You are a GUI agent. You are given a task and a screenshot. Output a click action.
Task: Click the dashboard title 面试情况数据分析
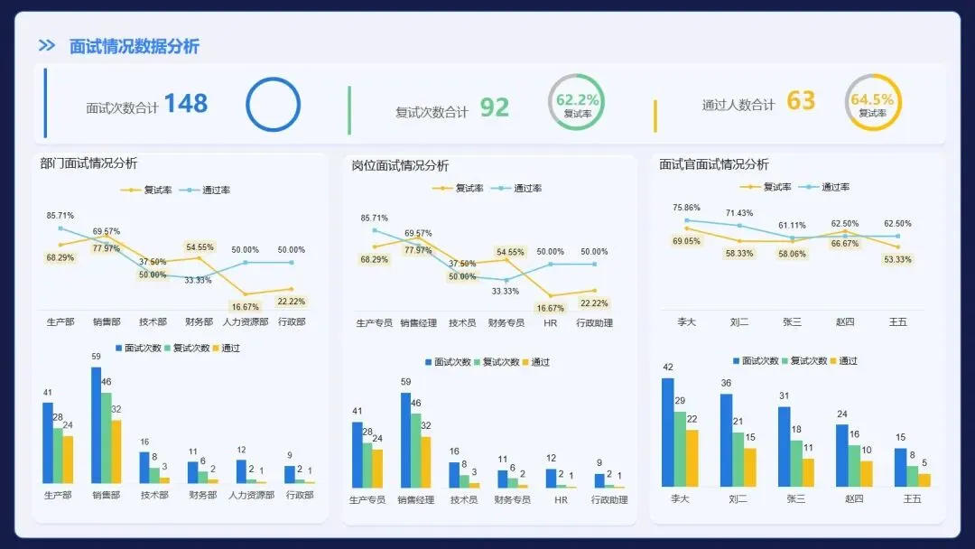pos(135,46)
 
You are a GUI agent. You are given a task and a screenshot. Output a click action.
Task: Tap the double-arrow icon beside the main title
pos(47,45)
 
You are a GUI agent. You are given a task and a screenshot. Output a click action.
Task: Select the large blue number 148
pos(186,103)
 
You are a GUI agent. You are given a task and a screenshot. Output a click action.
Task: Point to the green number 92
pos(495,107)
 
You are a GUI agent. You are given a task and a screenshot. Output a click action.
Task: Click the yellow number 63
pos(801,100)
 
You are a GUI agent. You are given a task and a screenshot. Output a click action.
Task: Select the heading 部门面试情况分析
pos(88,163)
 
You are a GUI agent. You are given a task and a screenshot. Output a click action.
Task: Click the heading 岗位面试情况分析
pos(400,165)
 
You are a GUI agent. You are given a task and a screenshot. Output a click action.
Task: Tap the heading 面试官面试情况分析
pos(714,164)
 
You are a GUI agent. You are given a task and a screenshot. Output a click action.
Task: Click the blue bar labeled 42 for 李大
pos(668,433)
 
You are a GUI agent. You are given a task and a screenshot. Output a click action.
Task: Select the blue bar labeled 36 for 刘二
pos(726,440)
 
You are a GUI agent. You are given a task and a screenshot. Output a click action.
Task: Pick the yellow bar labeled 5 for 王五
pos(924,480)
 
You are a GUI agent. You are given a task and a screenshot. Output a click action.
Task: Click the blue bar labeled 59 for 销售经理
pos(406,441)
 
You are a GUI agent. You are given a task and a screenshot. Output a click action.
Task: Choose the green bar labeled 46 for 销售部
pos(107,438)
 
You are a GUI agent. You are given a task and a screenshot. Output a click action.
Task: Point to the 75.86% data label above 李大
pos(686,208)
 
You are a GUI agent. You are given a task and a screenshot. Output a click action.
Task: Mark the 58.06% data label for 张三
pos(793,254)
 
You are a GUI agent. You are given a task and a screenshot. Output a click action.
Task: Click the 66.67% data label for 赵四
pos(845,244)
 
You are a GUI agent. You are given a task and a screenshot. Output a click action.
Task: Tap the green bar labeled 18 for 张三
pos(796,463)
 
